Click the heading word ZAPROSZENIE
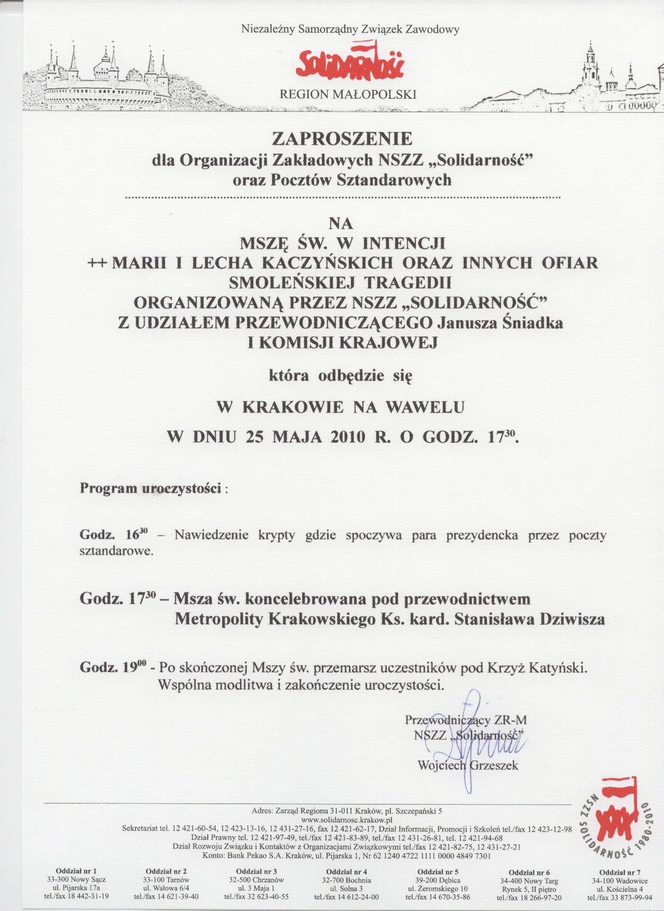343,139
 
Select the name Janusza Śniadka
500,323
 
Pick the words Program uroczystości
151,489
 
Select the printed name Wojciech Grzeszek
467,765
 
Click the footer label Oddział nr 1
76,871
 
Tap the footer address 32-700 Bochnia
346,880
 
